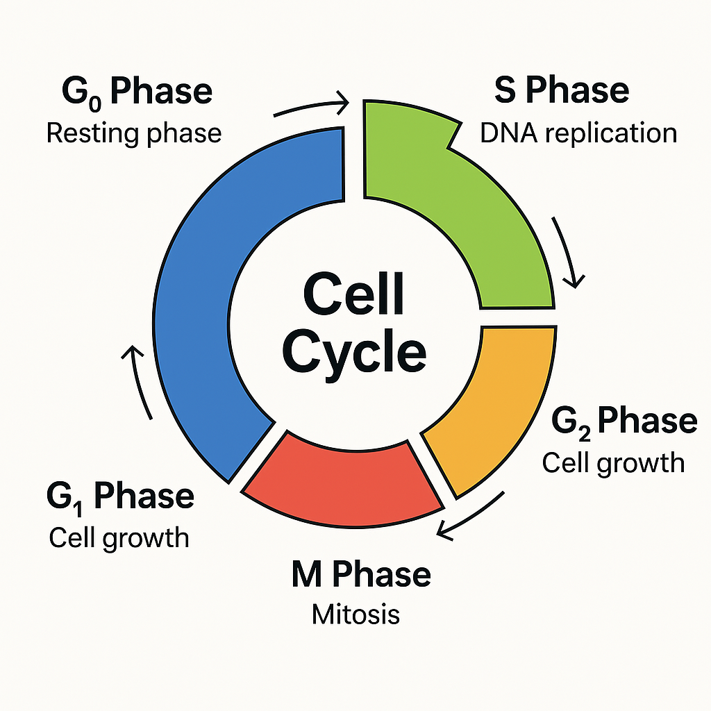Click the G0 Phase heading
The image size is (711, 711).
tap(137, 92)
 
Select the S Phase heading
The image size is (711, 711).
tap(561, 90)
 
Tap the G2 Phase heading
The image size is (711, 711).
tap(624, 422)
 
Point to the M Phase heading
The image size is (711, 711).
tap(361, 574)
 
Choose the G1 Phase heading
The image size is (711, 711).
tap(120, 497)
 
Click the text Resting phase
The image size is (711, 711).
tap(134, 134)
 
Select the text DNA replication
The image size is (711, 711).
tap(578, 133)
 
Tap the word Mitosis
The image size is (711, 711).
tap(355, 615)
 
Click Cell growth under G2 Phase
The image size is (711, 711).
tap(613, 464)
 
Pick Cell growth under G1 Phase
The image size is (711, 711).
tap(119, 539)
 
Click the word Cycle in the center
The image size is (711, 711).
tap(354, 354)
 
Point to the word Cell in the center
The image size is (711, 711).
tap(353, 294)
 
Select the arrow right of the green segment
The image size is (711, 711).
tap(567, 251)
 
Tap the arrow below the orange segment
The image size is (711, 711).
tap(471, 516)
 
